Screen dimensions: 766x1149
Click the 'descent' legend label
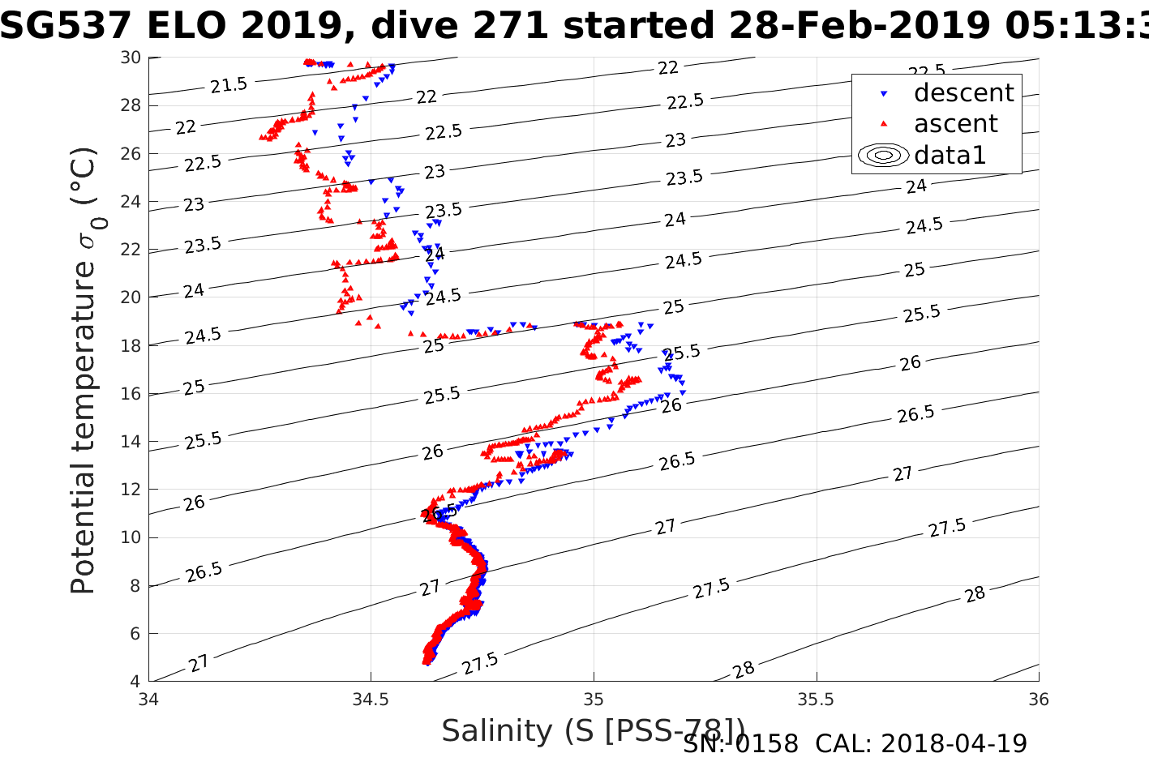(963, 93)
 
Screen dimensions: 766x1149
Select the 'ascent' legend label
(956, 124)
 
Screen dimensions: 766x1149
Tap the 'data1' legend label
(950, 155)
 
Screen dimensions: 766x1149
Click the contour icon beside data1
(883, 155)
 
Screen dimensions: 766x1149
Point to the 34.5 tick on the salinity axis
(371, 699)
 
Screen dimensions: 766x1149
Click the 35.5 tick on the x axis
(816, 699)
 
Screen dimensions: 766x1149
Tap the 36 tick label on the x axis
(1038, 699)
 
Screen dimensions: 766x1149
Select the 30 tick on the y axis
(131, 58)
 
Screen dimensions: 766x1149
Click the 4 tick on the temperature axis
(135, 681)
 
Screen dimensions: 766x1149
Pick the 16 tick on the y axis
(131, 394)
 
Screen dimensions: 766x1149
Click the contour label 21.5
(229, 84)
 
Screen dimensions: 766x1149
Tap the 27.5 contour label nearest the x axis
(480, 664)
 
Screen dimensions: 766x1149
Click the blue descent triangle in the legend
(884, 94)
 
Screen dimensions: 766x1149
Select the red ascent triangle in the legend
(884, 124)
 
